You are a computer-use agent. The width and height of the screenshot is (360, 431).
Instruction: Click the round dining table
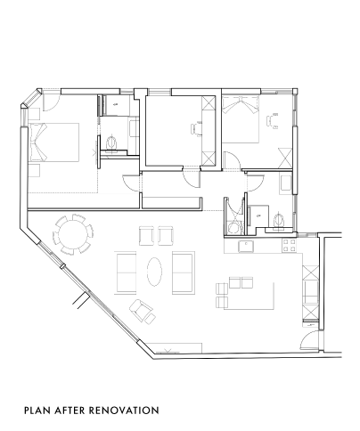click(73, 234)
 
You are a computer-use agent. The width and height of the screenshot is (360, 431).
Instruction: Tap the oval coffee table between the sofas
click(154, 272)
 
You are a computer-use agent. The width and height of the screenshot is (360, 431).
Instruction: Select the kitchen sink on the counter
click(246, 247)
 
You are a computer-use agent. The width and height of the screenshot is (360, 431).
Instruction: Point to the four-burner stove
click(289, 246)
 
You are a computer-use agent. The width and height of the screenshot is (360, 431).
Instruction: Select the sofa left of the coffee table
click(126, 272)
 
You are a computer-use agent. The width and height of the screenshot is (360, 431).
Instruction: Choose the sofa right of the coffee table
click(184, 272)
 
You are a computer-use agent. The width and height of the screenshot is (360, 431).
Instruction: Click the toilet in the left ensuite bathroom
click(111, 143)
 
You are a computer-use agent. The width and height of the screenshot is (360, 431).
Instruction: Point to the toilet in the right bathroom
click(279, 221)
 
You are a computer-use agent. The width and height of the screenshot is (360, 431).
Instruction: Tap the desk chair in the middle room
click(195, 129)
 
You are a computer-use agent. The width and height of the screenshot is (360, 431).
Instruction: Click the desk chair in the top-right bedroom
click(273, 121)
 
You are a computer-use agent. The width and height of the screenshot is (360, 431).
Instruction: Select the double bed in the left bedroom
click(53, 142)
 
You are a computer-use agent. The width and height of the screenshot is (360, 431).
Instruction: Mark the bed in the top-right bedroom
click(241, 119)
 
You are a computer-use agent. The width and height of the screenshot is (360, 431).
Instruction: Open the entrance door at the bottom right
click(309, 341)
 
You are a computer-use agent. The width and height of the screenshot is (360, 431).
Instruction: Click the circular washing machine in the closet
click(234, 228)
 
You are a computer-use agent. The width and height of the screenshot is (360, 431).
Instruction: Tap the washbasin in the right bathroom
click(286, 182)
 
